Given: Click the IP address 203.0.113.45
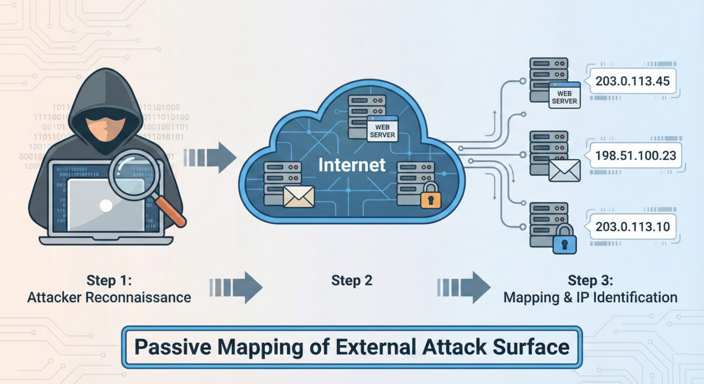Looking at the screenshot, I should coord(633,81).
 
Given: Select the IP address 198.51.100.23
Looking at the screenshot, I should coord(635,155).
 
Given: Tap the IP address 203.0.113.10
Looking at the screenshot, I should coord(633,226).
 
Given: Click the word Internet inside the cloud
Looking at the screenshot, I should coord(351,165).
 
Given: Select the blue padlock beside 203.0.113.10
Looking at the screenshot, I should coord(564,240).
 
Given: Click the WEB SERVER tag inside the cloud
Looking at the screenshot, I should coord(382,129).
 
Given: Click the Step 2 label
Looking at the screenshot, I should coord(351,281).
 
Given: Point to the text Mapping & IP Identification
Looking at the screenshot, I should coord(590,297).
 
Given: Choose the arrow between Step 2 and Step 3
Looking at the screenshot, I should coord(464,287).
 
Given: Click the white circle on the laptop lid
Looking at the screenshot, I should coord(107,205).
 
